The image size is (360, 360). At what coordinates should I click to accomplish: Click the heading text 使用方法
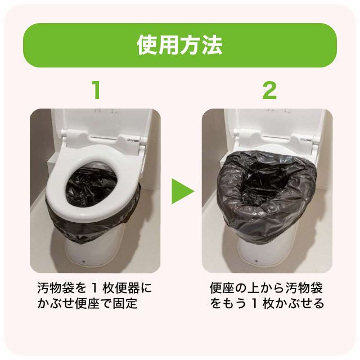(x=179, y=45)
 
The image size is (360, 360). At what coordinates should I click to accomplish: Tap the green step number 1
(x=97, y=90)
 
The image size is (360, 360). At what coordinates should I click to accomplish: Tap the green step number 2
(x=269, y=90)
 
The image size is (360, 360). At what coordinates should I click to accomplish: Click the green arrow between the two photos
(x=183, y=191)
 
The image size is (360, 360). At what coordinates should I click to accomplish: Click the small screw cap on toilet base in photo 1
(x=83, y=261)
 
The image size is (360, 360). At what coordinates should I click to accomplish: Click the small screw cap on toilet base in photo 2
(x=256, y=261)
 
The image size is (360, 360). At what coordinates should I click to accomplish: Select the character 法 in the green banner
(x=212, y=45)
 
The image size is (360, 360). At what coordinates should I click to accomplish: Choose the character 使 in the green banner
(x=147, y=45)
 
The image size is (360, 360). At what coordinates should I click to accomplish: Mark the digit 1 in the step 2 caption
(x=254, y=304)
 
